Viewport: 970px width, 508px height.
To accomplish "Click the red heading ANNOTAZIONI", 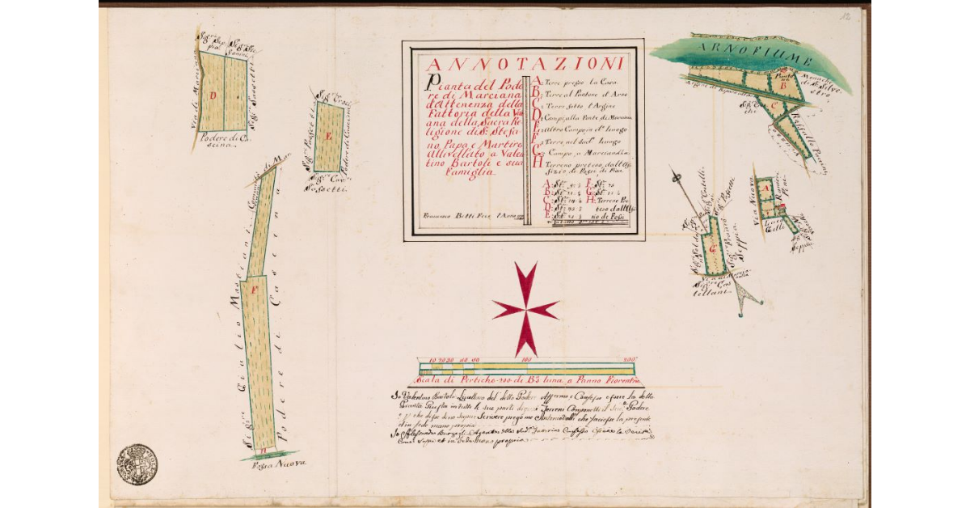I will (x=524, y=64).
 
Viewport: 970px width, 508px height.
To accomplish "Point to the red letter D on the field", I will (x=213, y=96).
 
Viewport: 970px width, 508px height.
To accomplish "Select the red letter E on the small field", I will (x=327, y=136).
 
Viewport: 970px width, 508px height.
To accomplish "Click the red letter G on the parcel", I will (x=712, y=247).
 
